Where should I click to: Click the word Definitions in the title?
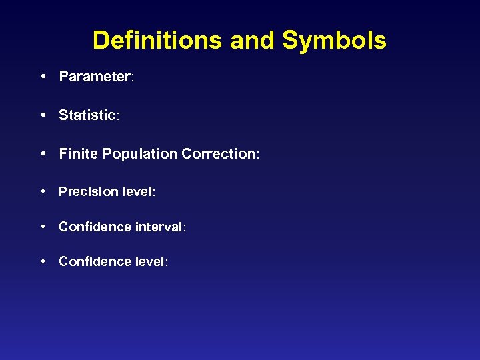point(158,40)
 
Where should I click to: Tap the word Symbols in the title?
point(334,41)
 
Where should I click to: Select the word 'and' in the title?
point(253,40)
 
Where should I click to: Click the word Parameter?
point(95,77)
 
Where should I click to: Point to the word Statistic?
point(87,115)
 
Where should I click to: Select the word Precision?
point(89,192)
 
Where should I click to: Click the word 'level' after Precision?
point(138,192)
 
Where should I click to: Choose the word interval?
point(158,227)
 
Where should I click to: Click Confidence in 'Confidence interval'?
point(95,227)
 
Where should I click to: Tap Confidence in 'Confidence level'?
point(95,262)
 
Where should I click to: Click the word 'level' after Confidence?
point(150,262)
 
